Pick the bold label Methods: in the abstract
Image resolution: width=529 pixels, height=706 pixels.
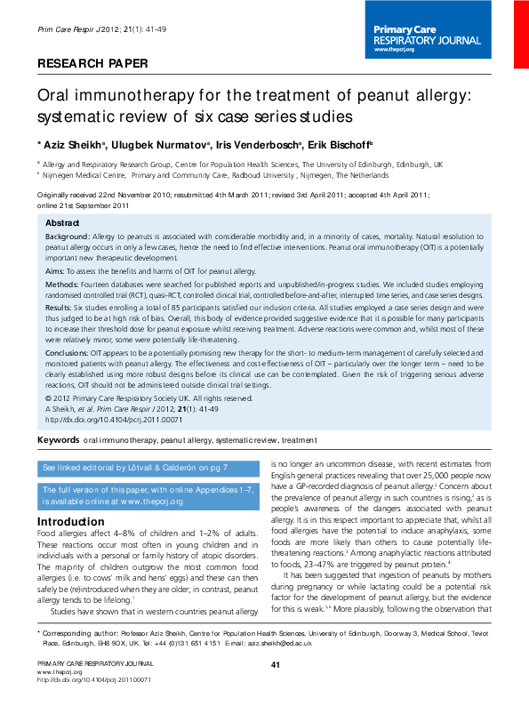(x=63, y=283)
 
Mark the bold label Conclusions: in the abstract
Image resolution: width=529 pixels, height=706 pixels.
(x=71, y=352)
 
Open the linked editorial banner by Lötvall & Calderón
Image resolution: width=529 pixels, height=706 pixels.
(x=135, y=467)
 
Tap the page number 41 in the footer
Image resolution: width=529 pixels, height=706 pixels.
(x=276, y=690)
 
